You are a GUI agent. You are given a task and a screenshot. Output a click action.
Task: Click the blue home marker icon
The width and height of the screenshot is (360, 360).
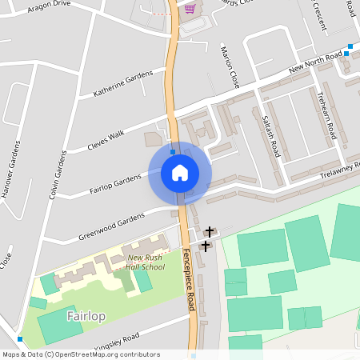coord(180,173)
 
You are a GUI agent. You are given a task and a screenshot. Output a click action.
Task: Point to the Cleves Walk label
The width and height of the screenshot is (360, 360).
coord(106,141)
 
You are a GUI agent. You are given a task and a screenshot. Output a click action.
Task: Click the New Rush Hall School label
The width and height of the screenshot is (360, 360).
coord(146,262)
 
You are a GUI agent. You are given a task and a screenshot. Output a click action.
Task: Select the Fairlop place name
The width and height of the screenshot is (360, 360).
coord(86,316)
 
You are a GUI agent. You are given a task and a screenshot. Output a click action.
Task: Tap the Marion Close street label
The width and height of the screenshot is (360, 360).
coord(230,66)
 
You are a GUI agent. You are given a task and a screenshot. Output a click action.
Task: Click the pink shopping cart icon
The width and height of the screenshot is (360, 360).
coord(190,9)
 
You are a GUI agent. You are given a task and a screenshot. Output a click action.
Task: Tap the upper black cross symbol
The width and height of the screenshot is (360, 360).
coord(210,231)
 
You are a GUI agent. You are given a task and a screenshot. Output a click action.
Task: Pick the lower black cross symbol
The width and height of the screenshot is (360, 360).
coord(205,246)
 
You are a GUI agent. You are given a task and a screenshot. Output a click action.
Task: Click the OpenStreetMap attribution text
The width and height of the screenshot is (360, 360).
coord(81,354)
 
